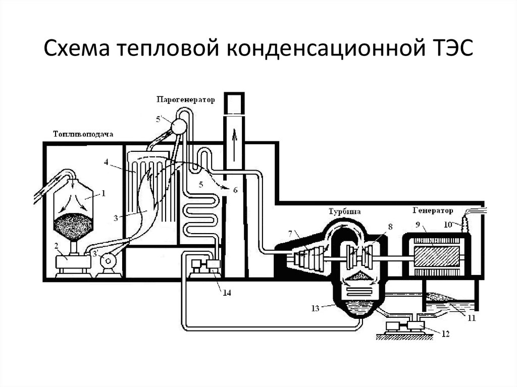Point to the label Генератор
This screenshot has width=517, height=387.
(433, 210)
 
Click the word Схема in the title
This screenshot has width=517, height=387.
(76, 50)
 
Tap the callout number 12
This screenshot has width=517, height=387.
(445, 334)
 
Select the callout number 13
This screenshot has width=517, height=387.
(315, 308)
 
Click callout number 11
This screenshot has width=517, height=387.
(471, 318)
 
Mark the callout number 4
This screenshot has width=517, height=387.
(107, 162)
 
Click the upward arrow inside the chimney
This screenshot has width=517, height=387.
(234, 136)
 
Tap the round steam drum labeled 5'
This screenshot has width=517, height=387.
(178, 126)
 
